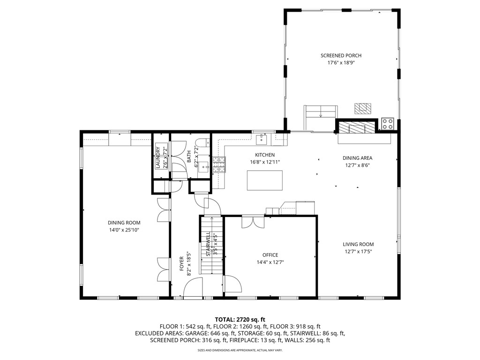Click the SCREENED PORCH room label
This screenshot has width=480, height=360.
click(341, 55)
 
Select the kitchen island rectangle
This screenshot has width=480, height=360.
click(265, 180)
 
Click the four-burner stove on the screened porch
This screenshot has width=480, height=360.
click(388, 124)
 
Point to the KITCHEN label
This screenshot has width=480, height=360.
click(265, 155)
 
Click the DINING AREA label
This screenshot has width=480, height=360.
click(357, 158)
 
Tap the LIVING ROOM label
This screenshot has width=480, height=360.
click(358, 244)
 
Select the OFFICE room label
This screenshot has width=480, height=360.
click(270, 255)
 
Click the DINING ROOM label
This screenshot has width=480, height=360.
click(124, 223)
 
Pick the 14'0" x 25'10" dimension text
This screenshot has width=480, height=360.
click(124, 230)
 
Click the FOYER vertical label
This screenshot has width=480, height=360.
click(182, 264)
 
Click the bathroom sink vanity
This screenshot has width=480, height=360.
click(204, 166)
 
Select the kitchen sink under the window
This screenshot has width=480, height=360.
click(262, 139)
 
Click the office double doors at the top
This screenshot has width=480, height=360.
click(253, 221)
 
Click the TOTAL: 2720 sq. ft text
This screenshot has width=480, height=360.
click(240, 318)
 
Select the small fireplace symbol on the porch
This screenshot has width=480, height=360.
click(362, 108)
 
